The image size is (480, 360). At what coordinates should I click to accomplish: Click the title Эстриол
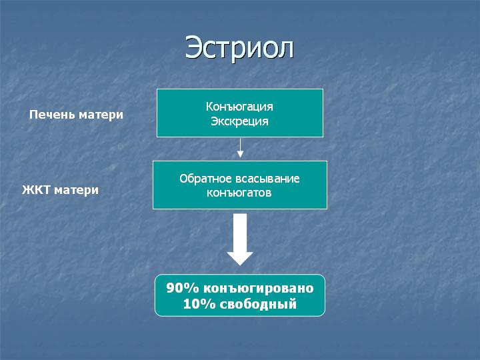coord(239,48)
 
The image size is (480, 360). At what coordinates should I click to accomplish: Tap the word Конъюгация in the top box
coord(239,107)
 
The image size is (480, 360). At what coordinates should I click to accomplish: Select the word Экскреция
coord(240,121)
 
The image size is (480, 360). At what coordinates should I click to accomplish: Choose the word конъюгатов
coord(239,193)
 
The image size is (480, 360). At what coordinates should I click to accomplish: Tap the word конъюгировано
coord(259,289)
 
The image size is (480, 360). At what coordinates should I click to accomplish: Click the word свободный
coord(258,305)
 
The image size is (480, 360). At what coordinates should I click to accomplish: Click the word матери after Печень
coord(101,115)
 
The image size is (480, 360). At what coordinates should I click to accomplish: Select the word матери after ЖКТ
coord(77,191)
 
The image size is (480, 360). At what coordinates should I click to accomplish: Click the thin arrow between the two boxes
coord(240,148)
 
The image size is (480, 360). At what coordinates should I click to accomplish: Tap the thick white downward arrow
coord(240,239)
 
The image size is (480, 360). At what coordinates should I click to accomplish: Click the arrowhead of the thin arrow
coord(240,155)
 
